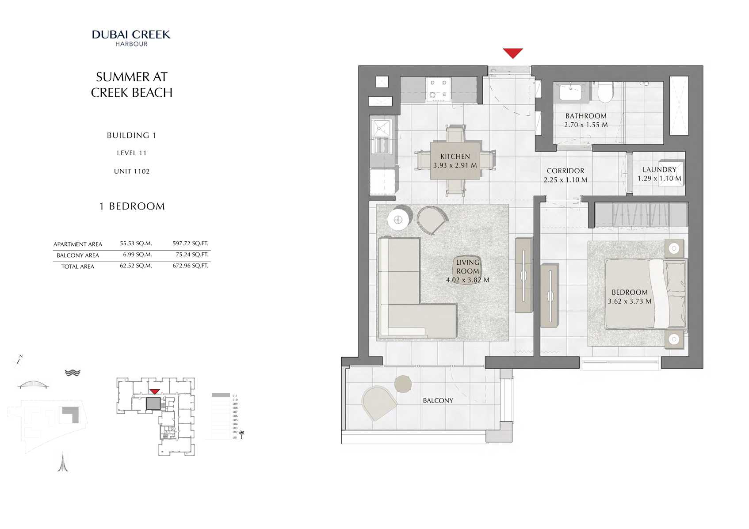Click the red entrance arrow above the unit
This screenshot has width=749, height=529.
point(513,53)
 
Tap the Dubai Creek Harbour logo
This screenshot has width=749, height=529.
point(131,38)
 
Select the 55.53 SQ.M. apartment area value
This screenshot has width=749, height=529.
point(136,244)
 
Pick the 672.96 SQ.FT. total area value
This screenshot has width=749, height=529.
point(190,266)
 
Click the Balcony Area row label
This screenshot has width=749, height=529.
point(78,255)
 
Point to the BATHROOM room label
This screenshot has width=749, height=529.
point(586,116)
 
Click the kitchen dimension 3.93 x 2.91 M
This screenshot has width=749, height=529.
point(455,165)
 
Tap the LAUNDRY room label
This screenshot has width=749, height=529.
point(659,170)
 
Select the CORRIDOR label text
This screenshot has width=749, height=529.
point(565,171)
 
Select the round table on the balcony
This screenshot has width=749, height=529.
point(403,384)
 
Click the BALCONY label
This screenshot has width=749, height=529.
point(438,400)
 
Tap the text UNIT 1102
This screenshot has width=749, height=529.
point(132,171)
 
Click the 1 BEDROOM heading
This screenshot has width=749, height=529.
point(132,206)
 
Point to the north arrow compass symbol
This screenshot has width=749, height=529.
point(19,360)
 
